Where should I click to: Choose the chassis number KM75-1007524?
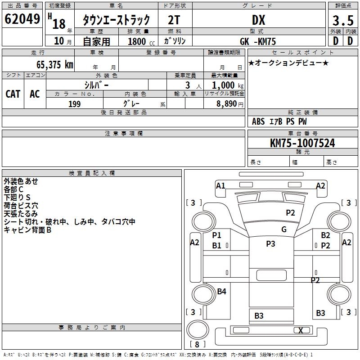(302, 143)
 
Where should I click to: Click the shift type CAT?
(13, 94)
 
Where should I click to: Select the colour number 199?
(75, 104)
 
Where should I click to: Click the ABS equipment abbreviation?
(258, 121)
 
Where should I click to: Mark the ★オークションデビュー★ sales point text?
(288, 63)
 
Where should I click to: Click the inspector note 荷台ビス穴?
(21, 205)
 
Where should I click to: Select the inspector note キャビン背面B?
(27, 229)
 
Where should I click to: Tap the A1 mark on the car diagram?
(220, 185)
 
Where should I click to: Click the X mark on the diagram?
(301, 330)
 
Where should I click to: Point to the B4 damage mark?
(221, 292)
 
